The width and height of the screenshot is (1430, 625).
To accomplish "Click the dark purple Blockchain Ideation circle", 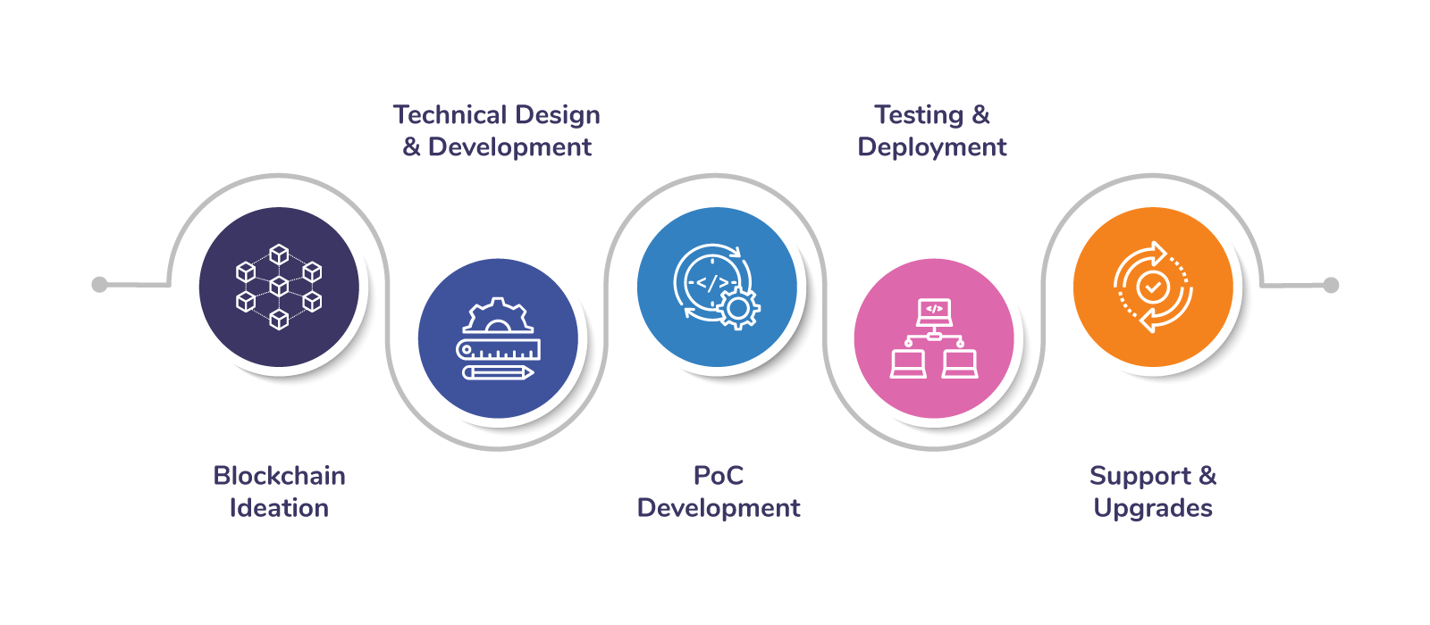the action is pyautogui.click(x=279, y=287).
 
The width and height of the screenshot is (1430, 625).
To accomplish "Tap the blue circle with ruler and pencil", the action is pyautogui.click(x=498, y=338).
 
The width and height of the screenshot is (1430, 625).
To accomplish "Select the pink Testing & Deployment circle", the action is pyautogui.click(x=934, y=338).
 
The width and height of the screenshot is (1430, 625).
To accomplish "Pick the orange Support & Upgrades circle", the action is pyautogui.click(x=1153, y=287).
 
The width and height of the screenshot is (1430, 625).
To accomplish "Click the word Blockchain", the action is pyautogui.click(x=279, y=476).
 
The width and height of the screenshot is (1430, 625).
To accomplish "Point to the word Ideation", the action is pyautogui.click(x=279, y=508).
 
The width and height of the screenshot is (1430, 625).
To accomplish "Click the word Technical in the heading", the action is pyautogui.click(x=450, y=115).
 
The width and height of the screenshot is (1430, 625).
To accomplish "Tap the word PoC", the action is pyautogui.click(x=719, y=476).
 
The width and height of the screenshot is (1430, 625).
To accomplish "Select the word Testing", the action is pyautogui.click(x=919, y=115).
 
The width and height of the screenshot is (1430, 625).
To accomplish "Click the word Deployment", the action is pyautogui.click(x=931, y=148).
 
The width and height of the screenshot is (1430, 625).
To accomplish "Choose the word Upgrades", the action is pyautogui.click(x=1153, y=509).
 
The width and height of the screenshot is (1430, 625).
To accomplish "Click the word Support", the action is pyautogui.click(x=1140, y=477).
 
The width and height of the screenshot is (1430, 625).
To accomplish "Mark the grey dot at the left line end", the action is pyautogui.click(x=99, y=285).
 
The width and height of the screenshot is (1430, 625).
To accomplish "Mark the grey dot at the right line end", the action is pyautogui.click(x=1331, y=285).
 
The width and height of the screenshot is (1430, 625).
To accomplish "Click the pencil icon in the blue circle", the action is pyautogui.click(x=498, y=372).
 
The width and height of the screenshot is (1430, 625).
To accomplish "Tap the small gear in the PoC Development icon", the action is pyautogui.click(x=738, y=309).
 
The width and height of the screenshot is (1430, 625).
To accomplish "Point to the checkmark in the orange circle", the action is pyautogui.click(x=1153, y=287).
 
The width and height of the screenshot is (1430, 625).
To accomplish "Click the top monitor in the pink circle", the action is pyautogui.click(x=934, y=312).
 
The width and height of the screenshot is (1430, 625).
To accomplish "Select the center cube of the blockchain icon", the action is pyautogui.click(x=279, y=286).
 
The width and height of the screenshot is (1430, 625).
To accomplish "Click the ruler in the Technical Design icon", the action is pyautogui.click(x=498, y=349).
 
